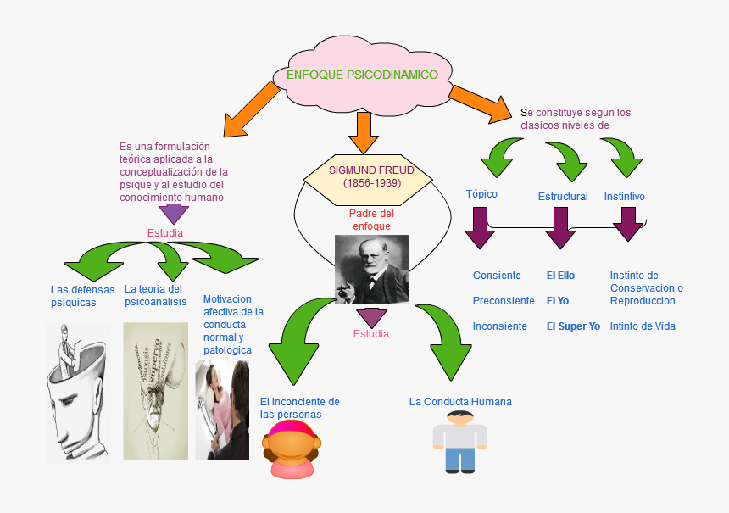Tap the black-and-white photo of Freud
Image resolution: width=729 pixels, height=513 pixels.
[x=371, y=270]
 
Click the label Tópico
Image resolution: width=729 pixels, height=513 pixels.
[x=481, y=194]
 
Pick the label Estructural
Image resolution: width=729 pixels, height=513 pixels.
[x=563, y=197]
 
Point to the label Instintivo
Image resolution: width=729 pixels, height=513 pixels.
[x=625, y=197]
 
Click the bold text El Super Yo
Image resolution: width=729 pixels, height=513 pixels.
[x=573, y=326]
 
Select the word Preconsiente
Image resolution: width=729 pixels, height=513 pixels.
[x=504, y=301]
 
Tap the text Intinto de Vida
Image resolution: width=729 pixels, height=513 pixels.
[x=643, y=326]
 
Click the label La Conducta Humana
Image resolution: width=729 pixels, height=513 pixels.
[x=460, y=402]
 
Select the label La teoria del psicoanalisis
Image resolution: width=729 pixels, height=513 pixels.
[x=156, y=295]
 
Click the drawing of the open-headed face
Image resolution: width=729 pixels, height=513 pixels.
[x=79, y=393]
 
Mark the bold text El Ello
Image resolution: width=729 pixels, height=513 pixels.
[x=560, y=276]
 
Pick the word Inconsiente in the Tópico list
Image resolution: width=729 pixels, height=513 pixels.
[x=500, y=326]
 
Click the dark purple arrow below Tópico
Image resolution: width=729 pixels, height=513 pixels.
[x=480, y=226]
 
